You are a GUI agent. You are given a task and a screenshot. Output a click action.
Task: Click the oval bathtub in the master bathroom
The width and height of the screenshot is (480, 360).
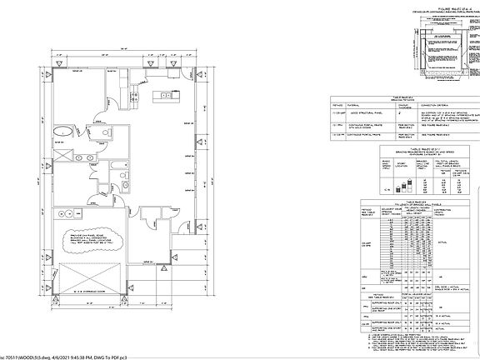coord(63,132)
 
